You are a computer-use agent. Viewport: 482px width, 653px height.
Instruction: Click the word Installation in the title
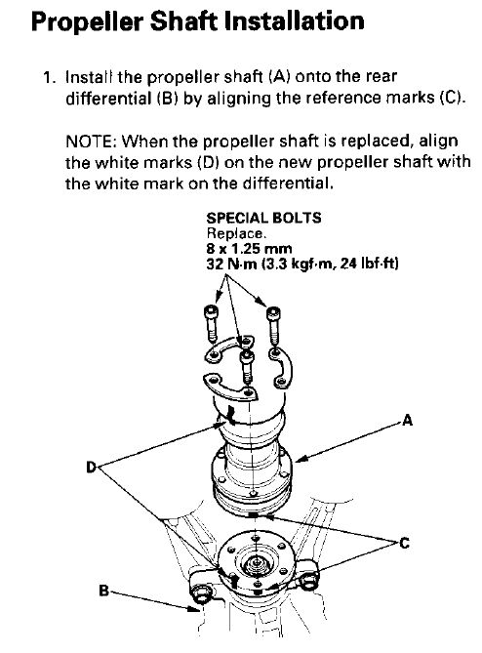click(295, 20)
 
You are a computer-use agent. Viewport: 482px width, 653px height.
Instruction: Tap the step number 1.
click(48, 77)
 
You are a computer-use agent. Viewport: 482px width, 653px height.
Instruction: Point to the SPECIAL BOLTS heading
click(263, 219)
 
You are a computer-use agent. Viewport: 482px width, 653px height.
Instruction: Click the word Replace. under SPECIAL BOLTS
click(236, 233)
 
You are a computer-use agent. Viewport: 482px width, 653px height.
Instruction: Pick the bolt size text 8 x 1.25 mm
click(249, 249)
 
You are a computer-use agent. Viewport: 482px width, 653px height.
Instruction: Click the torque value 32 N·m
click(232, 264)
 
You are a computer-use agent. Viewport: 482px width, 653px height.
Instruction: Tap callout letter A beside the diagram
click(408, 420)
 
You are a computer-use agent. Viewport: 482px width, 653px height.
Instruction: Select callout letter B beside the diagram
click(103, 591)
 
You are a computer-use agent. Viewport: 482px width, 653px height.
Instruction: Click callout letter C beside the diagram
click(404, 543)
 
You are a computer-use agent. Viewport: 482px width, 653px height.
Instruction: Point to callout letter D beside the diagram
click(91, 468)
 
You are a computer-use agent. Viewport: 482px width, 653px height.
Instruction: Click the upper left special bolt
click(211, 323)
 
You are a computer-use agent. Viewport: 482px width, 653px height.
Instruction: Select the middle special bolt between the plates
click(247, 366)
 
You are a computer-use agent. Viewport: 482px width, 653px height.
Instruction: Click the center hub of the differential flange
click(255, 565)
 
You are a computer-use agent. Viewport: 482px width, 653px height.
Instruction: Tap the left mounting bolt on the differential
click(202, 594)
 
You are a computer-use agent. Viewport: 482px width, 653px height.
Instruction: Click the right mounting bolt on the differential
click(308, 581)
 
